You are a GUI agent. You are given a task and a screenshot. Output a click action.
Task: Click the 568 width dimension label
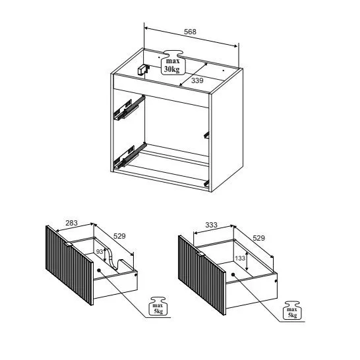click(190, 32)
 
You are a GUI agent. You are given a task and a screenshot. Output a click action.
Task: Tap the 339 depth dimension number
click(197, 80)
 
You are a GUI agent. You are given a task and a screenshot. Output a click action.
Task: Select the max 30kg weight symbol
click(173, 63)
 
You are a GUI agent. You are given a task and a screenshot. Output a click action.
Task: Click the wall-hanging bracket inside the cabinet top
click(143, 70)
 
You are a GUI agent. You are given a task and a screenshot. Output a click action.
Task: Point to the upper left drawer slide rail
click(129, 107)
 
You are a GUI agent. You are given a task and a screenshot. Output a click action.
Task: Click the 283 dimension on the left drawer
click(72, 223)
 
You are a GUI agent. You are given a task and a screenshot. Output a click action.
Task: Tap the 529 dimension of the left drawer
click(119, 236)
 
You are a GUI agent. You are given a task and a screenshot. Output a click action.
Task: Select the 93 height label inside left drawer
click(100, 252)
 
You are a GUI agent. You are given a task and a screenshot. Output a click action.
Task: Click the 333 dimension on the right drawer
click(211, 225)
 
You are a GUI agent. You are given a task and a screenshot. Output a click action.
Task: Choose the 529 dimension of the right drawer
click(258, 238)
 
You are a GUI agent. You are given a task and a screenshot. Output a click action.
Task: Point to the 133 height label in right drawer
click(240, 258)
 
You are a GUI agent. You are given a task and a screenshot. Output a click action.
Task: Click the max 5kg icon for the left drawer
click(158, 307)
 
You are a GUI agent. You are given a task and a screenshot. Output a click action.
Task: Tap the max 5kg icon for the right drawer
click(293, 310)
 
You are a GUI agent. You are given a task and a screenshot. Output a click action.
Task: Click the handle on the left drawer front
click(68, 244)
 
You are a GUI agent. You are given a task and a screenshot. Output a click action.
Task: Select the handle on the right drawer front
click(200, 255)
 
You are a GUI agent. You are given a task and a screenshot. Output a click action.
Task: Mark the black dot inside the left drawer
click(99, 270)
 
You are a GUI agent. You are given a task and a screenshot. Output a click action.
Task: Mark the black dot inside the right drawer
click(233, 274)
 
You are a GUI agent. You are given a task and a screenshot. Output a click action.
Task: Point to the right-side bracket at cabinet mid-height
click(206, 135)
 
